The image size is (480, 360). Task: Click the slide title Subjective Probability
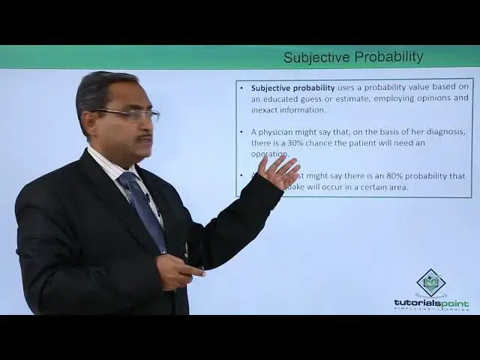(353, 57)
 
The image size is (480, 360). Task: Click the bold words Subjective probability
(293, 88)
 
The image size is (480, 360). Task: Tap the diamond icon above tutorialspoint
(431, 283)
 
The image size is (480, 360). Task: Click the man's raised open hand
(279, 173)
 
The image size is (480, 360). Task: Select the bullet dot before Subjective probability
(242, 88)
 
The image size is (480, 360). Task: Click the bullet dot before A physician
(242, 132)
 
